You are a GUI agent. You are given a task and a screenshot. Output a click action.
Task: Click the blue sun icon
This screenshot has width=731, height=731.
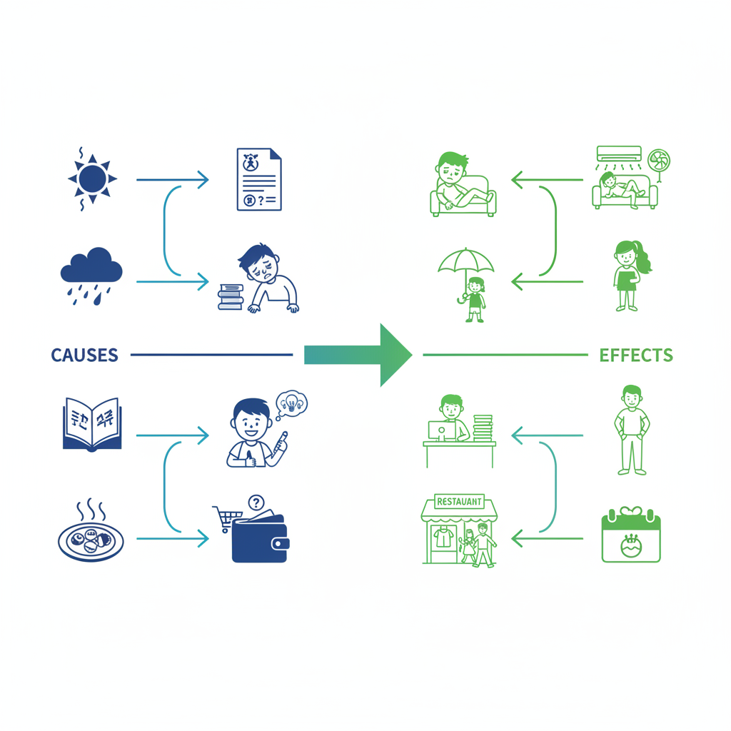92,178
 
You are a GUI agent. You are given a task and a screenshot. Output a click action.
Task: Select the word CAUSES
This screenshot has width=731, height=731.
84,355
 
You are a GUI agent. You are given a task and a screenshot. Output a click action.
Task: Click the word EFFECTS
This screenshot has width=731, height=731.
635,355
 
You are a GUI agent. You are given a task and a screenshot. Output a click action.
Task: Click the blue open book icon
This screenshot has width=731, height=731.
92,425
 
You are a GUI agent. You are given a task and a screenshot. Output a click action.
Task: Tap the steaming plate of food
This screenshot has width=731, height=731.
91,539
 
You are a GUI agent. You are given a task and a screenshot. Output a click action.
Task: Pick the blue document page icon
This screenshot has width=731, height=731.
258,179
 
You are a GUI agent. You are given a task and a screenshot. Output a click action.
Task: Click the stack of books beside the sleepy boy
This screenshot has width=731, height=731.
231,296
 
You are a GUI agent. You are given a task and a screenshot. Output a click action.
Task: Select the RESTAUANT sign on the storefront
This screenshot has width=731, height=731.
459,501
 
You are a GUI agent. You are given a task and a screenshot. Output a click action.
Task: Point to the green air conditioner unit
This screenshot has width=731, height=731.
619,153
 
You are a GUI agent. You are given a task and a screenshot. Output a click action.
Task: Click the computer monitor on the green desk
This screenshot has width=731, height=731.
437,430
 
